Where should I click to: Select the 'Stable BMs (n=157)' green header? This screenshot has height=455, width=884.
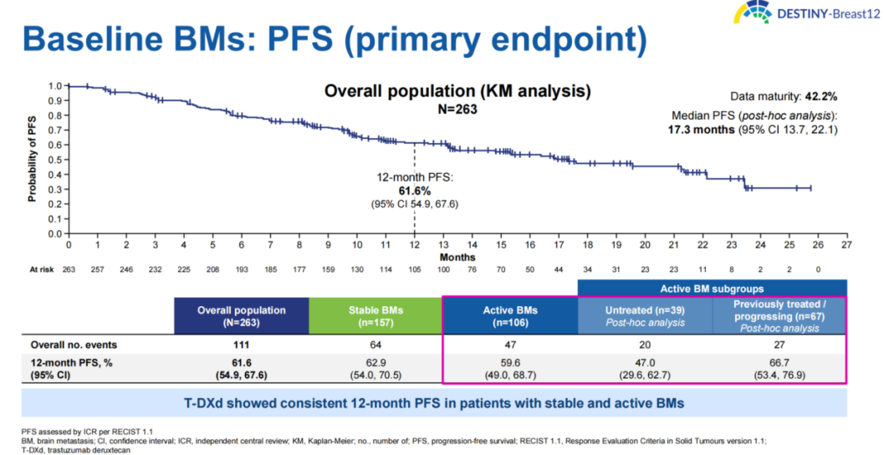pos(376,315)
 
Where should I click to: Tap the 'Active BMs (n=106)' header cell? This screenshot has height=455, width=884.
pos(510,315)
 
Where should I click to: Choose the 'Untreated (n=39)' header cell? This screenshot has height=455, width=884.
pos(645,315)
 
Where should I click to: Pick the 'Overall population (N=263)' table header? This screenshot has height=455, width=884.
pos(241,315)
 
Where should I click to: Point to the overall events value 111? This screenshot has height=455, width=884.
pos(241,345)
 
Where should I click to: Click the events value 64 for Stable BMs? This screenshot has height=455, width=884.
pos(376,345)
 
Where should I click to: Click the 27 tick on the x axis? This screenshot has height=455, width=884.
pos(846,244)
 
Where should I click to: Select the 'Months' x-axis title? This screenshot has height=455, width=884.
pos(457,257)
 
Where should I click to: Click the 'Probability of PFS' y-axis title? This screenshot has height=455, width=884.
pos(33,159)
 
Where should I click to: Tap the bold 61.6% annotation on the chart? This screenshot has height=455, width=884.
pos(415,192)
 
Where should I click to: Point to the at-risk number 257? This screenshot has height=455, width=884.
pos(98,268)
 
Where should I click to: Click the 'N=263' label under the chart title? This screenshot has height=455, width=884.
pos(457,109)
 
